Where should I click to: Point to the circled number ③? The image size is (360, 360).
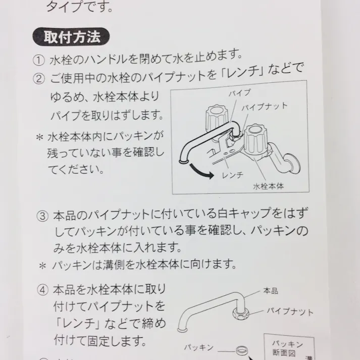[42, 217]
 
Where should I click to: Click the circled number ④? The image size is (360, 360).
[42, 290]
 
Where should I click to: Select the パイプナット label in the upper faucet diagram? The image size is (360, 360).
[265, 107]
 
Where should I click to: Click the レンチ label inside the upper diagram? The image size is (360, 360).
[233, 174]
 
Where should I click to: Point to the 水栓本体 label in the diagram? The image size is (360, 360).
[268, 185]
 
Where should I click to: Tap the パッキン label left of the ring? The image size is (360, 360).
[198, 348]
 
